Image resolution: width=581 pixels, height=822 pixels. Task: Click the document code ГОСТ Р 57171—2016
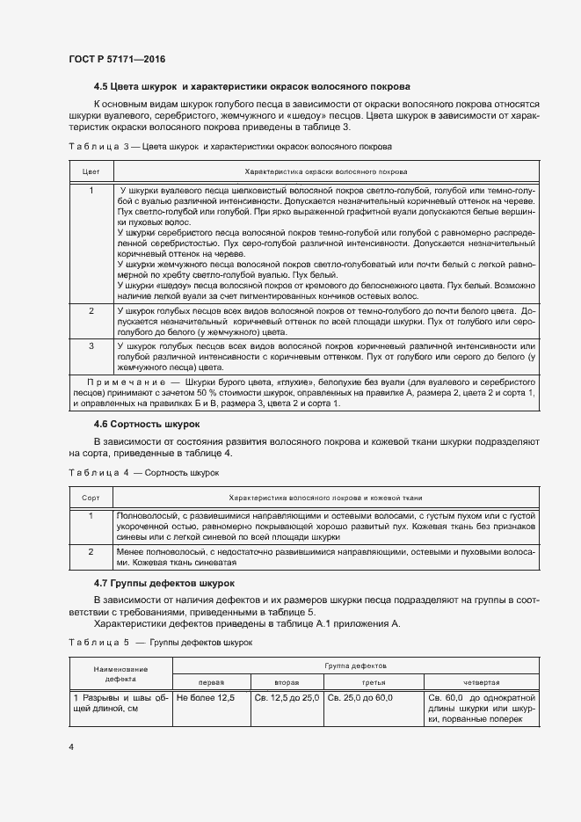point(116,59)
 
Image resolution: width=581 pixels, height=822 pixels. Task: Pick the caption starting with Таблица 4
point(143,472)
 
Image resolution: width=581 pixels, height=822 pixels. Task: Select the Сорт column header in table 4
point(91,497)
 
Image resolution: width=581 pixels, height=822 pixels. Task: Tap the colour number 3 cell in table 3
point(91,346)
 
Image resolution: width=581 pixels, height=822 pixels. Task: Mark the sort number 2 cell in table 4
point(91,551)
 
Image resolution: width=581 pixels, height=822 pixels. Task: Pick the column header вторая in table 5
point(287,682)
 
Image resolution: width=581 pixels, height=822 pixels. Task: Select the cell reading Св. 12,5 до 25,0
point(287,698)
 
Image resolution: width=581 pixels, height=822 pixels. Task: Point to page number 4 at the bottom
point(71,747)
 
